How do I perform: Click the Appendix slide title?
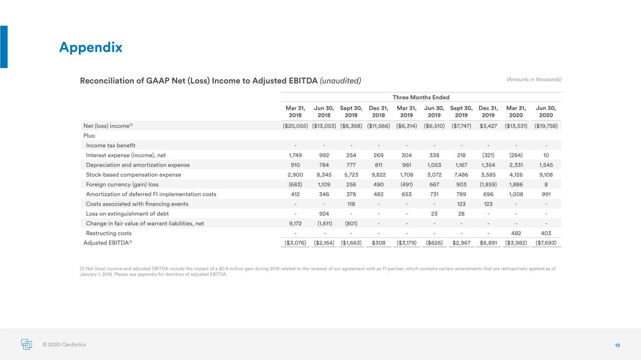tap(91, 47)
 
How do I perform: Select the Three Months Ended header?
tap(421, 97)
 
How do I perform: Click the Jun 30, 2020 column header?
tap(546, 112)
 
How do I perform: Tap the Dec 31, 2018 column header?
tap(378, 112)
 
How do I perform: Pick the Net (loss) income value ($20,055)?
tap(295, 126)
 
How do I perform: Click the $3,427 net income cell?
tap(488, 126)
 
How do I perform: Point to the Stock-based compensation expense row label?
tap(133, 175)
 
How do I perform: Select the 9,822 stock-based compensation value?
tap(378, 175)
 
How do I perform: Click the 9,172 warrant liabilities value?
tap(295, 223)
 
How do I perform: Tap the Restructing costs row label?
tap(109, 233)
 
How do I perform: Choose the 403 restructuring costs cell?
tap(546, 233)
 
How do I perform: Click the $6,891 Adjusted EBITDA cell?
tap(488, 243)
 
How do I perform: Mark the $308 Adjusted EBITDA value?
tap(378, 243)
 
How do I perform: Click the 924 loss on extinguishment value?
tap(324, 214)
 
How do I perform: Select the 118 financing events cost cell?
tap(351, 204)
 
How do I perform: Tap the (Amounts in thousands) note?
tap(534, 79)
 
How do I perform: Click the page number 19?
tap(617, 345)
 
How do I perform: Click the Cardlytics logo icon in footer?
tap(27, 344)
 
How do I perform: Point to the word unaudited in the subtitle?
tap(340, 81)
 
